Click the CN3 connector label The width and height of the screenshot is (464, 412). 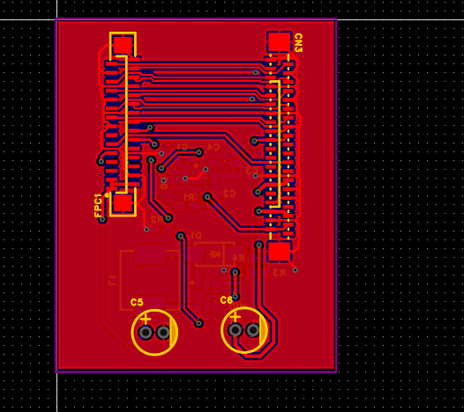pyautogui.click(x=298, y=42)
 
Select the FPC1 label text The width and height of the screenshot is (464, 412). pyautogui.click(x=99, y=204)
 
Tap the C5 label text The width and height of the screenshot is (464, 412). pyautogui.click(x=137, y=302)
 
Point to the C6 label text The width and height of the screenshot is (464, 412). pyautogui.click(x=226, y=300)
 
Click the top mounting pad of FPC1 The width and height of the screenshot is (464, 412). pyautogui.click(x=123, y=44)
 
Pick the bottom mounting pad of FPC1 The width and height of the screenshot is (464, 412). pyautogui.click(x=123, y=203)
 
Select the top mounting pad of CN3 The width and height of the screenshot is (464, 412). pyautogui.click(x=279, y=41)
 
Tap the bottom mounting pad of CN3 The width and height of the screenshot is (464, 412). pyautogui.click(x=279, y=252)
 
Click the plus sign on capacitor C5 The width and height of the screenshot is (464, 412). pyautogui.click(x=146, y=318)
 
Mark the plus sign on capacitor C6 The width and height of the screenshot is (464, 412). pyautogui.click(x=236, y=316)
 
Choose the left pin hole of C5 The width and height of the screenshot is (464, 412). pyautogui.click(x=146, y=333)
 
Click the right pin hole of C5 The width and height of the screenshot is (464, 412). pyautogui.click(x=163, y=333)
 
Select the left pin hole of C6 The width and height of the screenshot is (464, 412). pyautogui.click(x=236, y=330)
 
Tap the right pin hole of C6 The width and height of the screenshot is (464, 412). pyautogui.click(x=253, y=330)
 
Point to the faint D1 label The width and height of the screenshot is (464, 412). pyautogui.click(x=196, y=235)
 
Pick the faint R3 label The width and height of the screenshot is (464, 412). pyautogui.click(x=280, y=272)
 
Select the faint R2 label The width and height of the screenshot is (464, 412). pyautogui.click(x=156, y=218)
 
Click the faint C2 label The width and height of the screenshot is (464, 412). pyautogui.click(x=228, y=193)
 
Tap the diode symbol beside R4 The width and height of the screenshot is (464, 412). pyautogui.click(x=214, y=254)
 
